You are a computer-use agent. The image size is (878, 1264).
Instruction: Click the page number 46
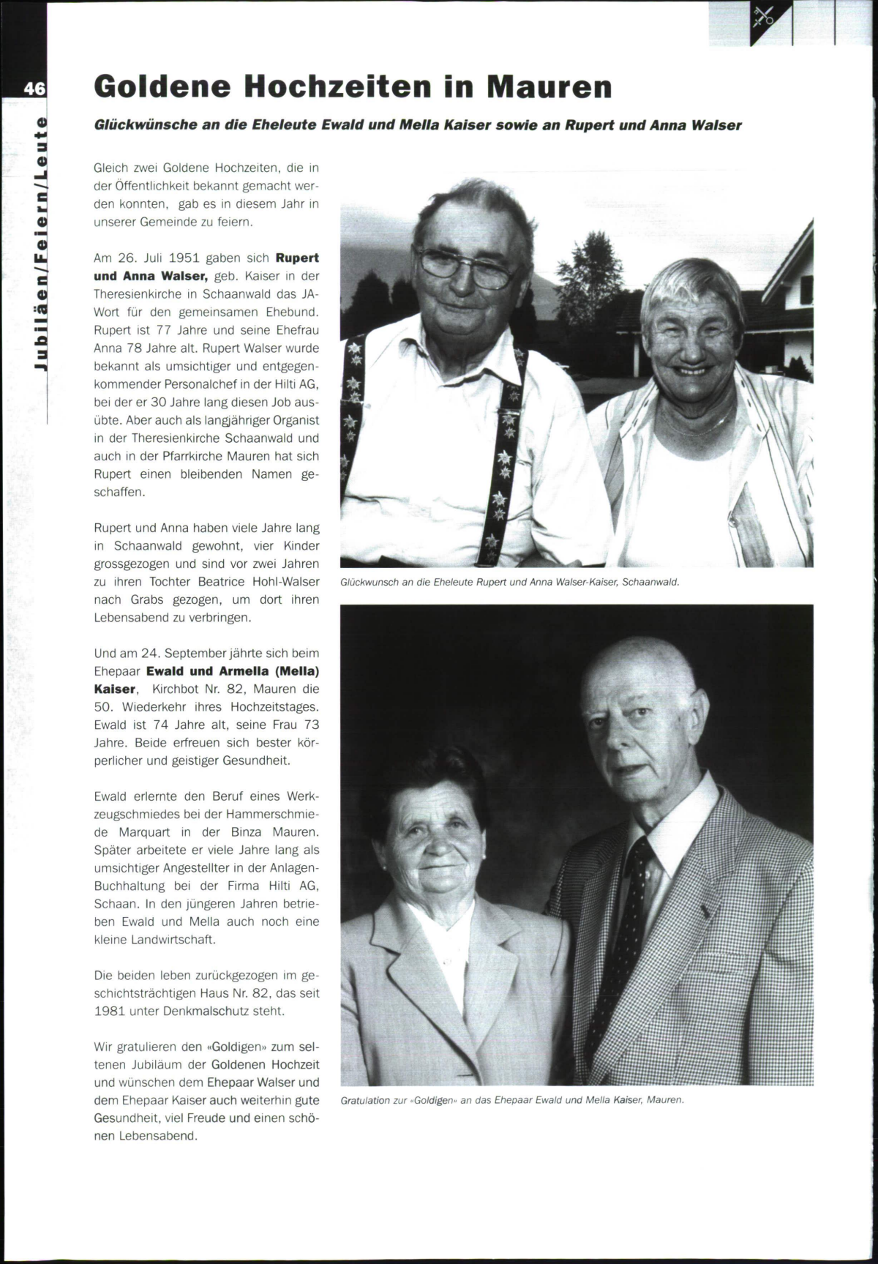[x=34, y=89]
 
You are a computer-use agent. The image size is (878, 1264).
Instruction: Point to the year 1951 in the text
[x=184, y=258]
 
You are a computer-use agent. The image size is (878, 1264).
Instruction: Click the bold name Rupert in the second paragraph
[x=297, y=258]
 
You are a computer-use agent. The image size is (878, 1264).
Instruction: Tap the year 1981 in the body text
[x=109, y=1011]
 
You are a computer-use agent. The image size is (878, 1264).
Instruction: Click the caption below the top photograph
[x=510, y=583]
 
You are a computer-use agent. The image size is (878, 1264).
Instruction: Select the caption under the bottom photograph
[x=512, y=1100]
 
